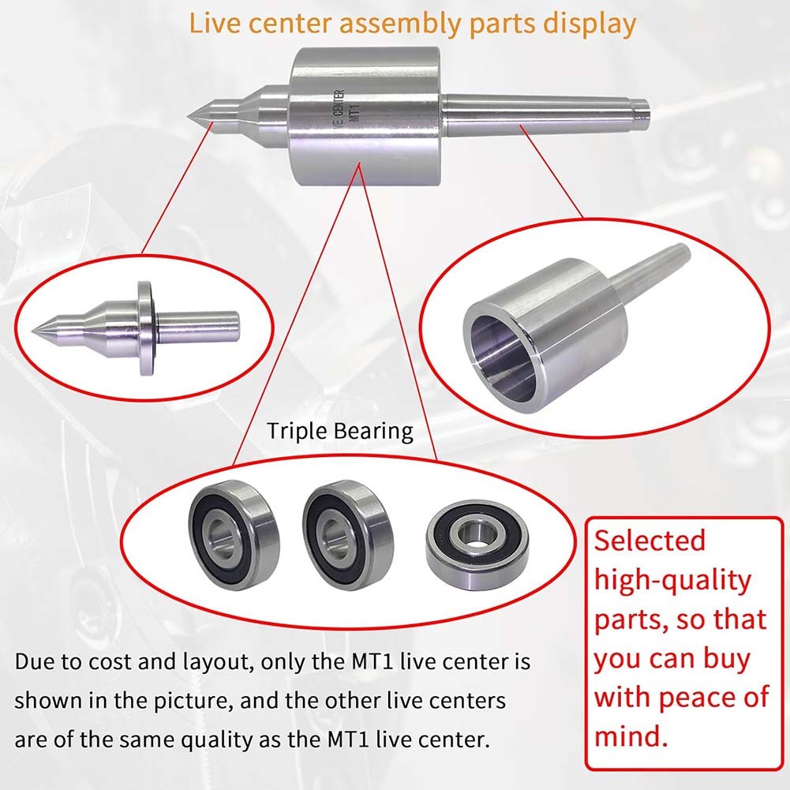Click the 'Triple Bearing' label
coord(340,432)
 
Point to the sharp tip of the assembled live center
coord(188,116)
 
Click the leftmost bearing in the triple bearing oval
coord(234,534)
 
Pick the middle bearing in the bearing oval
coord(349,534)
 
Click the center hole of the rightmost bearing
coord(476,532)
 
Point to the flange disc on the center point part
coord(145,328)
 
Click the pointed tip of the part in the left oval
coord(33,331)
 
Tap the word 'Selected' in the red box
coord(650,540)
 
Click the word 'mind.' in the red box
coord(631,736)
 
